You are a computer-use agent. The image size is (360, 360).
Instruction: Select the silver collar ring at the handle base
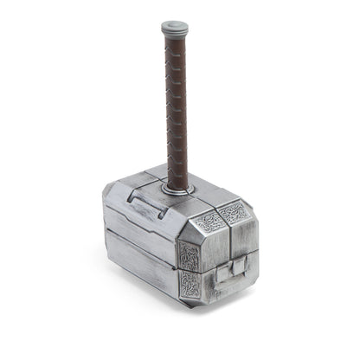click(x=178, y=187)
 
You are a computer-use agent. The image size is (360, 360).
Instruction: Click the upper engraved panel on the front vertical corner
click(x=190, y=255)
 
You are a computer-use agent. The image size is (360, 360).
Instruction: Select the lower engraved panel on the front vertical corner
click(x=190, y=284)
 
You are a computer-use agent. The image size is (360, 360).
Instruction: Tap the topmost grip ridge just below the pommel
click(x=174, y=42)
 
